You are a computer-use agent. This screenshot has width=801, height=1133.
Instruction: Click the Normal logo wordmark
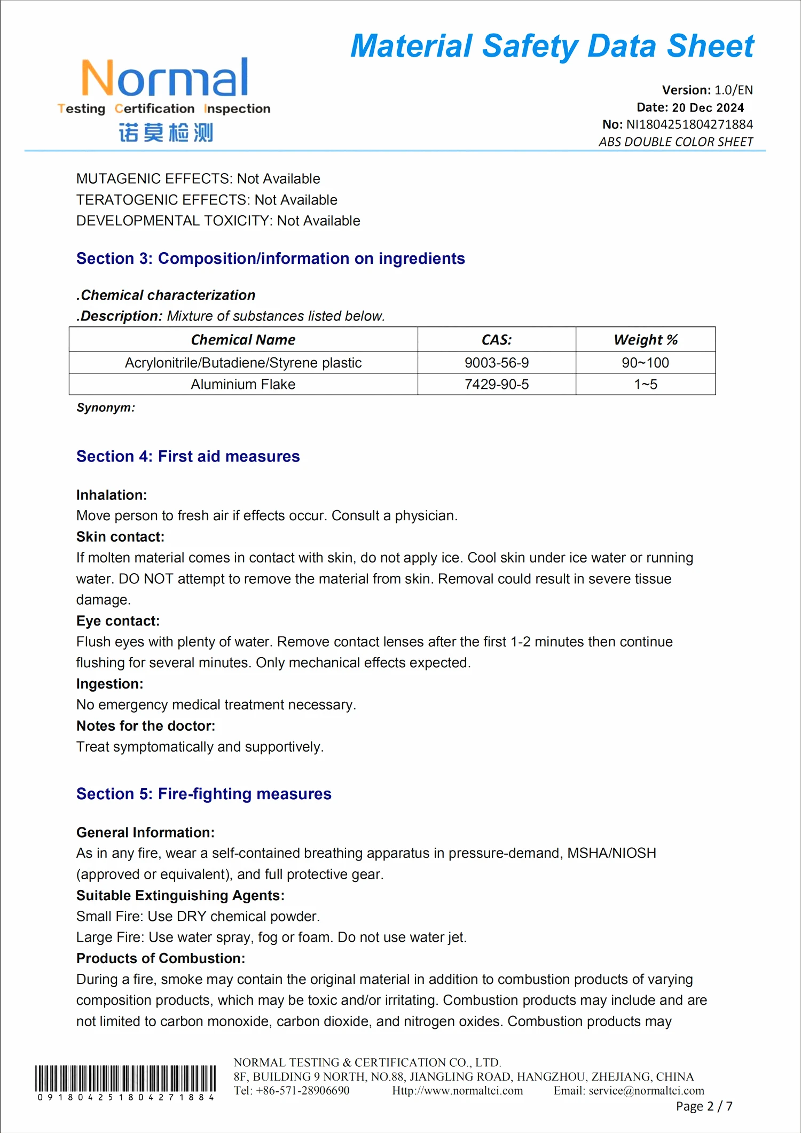[164, 78]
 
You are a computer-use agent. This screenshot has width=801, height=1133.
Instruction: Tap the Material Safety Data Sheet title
[552, 46]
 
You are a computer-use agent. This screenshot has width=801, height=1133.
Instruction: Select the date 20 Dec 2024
[708, 107]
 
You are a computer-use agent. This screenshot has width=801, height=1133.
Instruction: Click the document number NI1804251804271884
[689, 124]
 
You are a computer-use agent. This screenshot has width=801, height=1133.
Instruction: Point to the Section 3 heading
[270, 259]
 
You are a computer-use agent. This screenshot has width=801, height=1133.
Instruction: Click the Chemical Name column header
[243, 340]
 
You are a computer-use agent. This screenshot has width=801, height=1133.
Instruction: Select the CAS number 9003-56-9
[496, 363]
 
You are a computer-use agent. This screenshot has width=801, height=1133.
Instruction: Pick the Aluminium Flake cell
[243, 384]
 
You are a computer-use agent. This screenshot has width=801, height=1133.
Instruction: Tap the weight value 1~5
[645, 384]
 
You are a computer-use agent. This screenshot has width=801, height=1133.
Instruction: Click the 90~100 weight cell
[645, 363]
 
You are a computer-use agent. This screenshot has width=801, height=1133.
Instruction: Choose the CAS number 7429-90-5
[496, 384]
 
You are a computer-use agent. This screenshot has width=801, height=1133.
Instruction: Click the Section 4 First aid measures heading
[188, 457]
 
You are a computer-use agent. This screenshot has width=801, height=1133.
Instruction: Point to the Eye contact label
[118, 621]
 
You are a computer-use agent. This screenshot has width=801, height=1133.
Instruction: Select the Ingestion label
[109, 684]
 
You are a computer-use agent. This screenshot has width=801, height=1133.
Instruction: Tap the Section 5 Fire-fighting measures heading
[203, 794]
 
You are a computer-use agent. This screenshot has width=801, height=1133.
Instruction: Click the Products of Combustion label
[161, 958]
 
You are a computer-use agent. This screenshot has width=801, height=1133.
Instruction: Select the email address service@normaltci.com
[646, 1091]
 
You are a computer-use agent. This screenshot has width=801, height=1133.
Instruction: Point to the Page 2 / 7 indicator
[704, 1106]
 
